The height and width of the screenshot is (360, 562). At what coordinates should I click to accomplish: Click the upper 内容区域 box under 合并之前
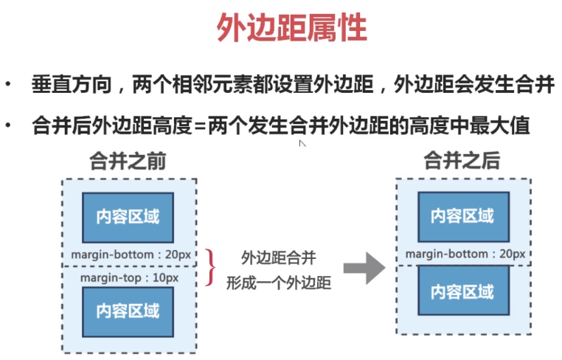(128, 217)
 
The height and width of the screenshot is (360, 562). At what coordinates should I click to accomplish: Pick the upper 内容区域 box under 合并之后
(462, 217)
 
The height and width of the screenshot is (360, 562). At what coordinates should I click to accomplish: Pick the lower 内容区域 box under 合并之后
(462, 290)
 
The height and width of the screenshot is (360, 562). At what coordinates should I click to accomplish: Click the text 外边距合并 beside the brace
(279, 257)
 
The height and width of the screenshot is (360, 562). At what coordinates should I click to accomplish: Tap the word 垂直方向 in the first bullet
(70, 83)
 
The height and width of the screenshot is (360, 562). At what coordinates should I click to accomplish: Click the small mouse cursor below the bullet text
(302, 144)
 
